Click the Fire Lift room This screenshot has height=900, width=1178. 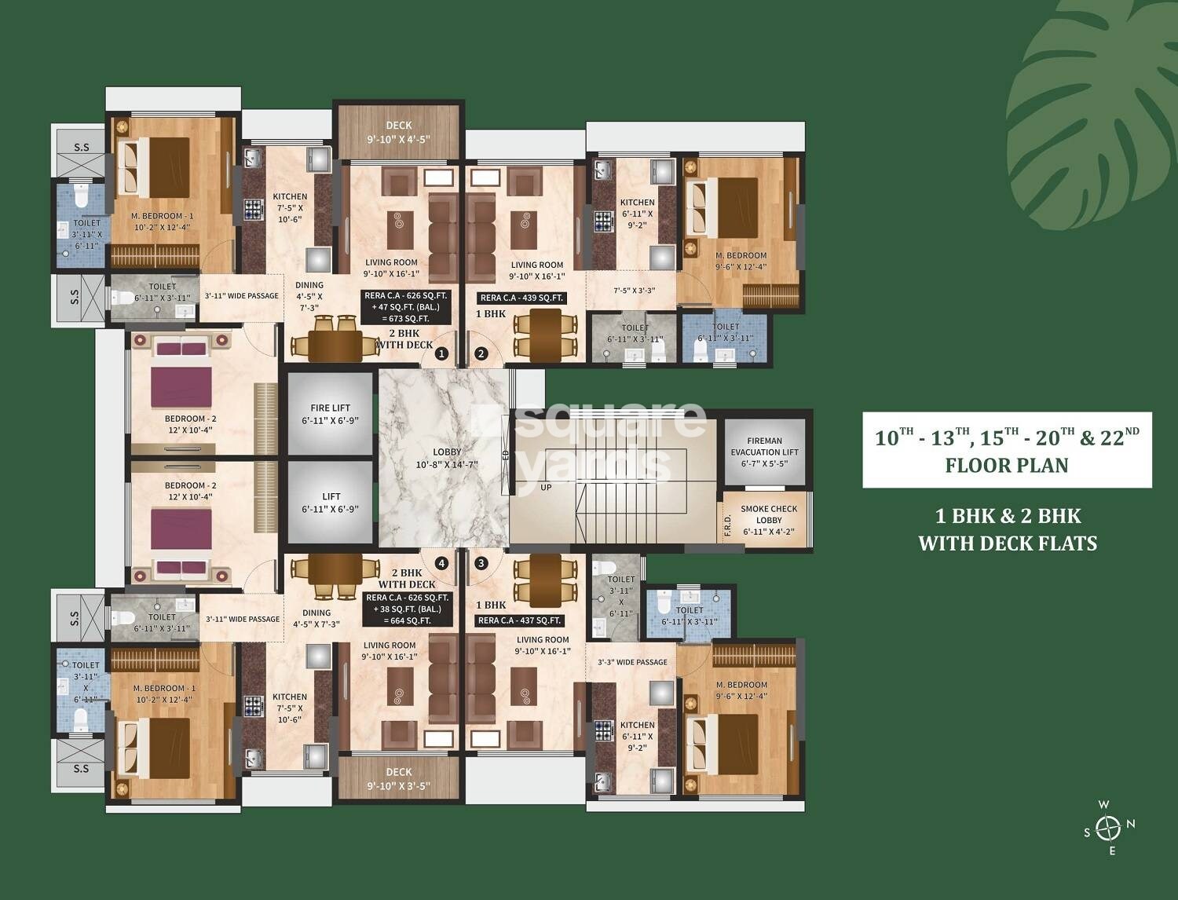coord(331,413)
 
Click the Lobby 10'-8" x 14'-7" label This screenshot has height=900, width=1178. coord(447,458)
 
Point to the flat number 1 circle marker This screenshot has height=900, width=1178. coord(441,354)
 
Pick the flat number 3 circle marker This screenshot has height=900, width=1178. coord(481,562)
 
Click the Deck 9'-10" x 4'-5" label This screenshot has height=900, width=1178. coord(398,133)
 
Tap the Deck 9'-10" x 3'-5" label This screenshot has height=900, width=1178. coord(398,778)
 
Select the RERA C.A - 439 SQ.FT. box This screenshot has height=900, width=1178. coord(522,298)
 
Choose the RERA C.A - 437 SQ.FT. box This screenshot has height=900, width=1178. coord(520,620)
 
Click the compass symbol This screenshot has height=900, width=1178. coord(1108,828)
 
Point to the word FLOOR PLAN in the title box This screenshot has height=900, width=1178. coord(1007,465)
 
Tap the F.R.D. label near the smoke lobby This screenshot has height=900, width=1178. coord(727,527)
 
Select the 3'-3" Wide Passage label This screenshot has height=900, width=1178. coord(632,662)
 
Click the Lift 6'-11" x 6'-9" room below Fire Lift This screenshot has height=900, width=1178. coord(331,503)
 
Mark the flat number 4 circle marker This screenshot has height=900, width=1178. coord(441,562)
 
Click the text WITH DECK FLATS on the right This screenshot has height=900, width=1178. coord(1008,543)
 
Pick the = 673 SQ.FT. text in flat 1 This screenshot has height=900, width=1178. coord(406,318)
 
